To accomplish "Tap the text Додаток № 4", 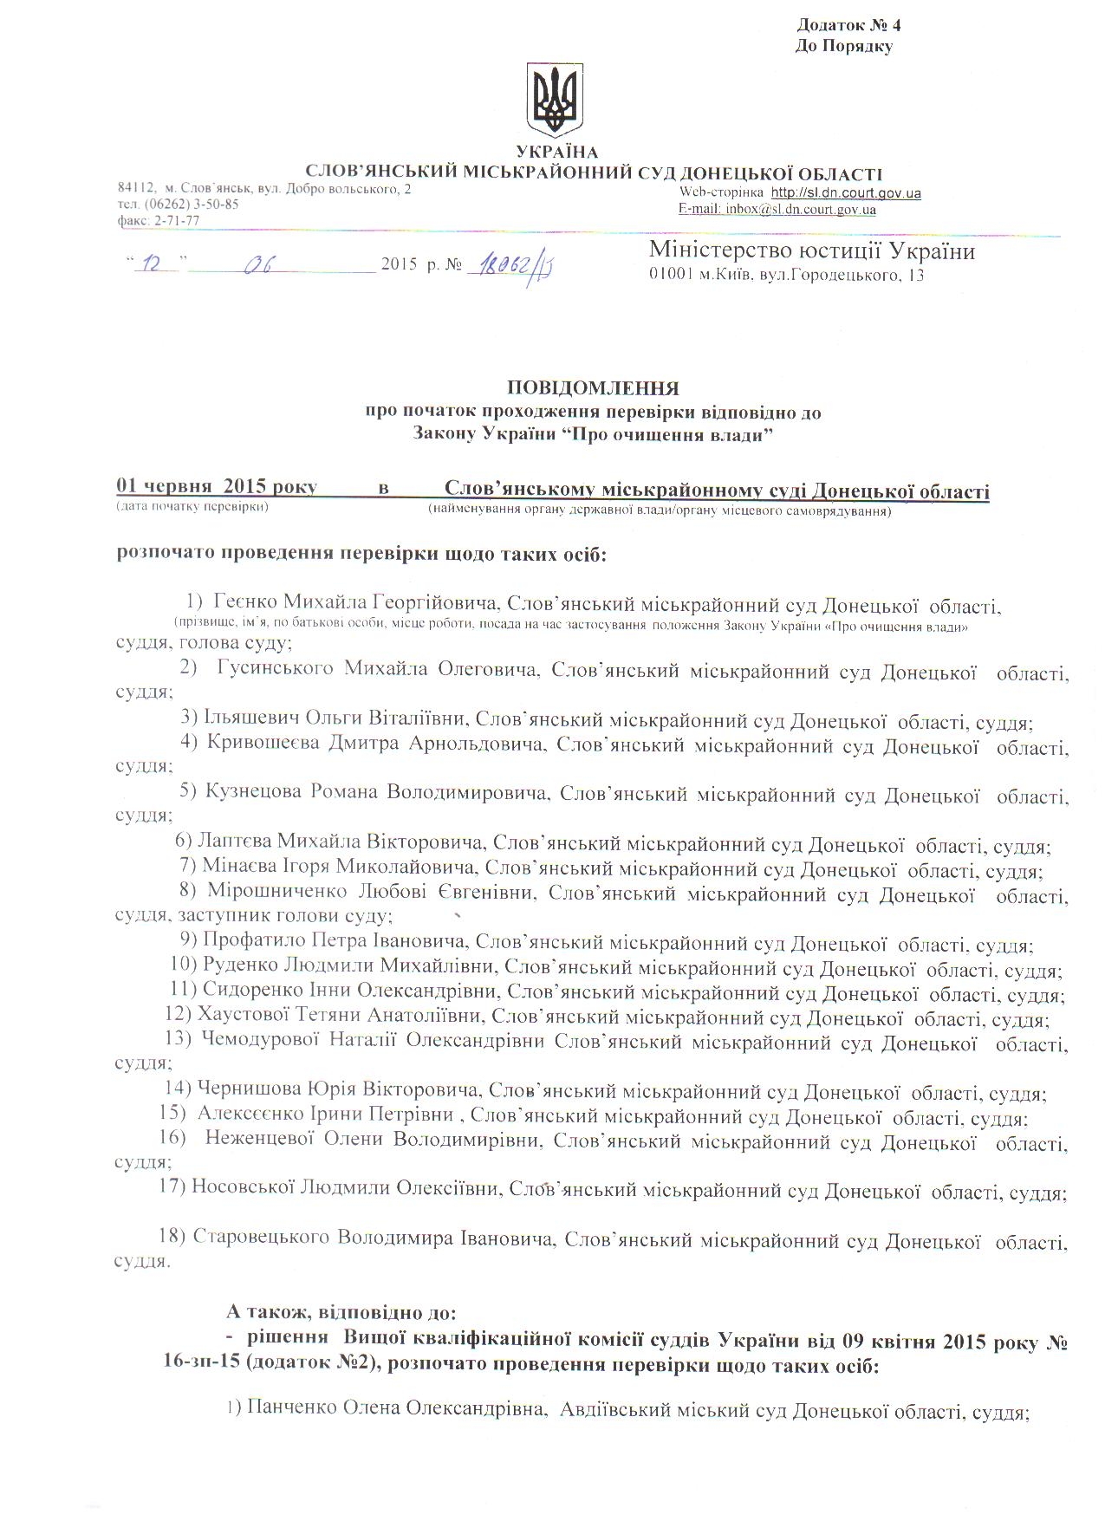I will click(x=842, y=24).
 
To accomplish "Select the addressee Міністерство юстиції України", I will click(x=812, y=251).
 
